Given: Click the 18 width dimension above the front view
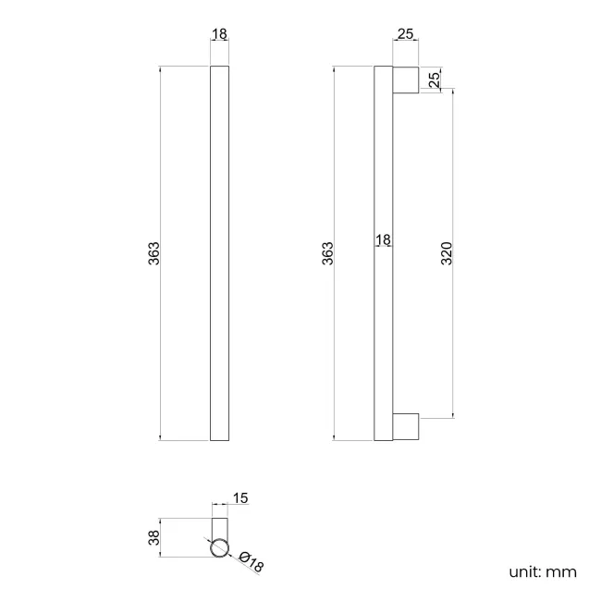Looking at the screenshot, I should [x=220, y=34].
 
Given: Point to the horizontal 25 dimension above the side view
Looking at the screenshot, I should [x=406, y=34].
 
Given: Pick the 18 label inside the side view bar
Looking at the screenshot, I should [x=383, y=240].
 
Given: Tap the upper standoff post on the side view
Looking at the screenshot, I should [x=406, y=80].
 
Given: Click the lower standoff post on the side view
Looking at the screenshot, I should [x=406, y=426].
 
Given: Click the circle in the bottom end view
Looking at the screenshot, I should [x=220, y=549].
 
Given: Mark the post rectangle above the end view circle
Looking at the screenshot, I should [x=220, y=527].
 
